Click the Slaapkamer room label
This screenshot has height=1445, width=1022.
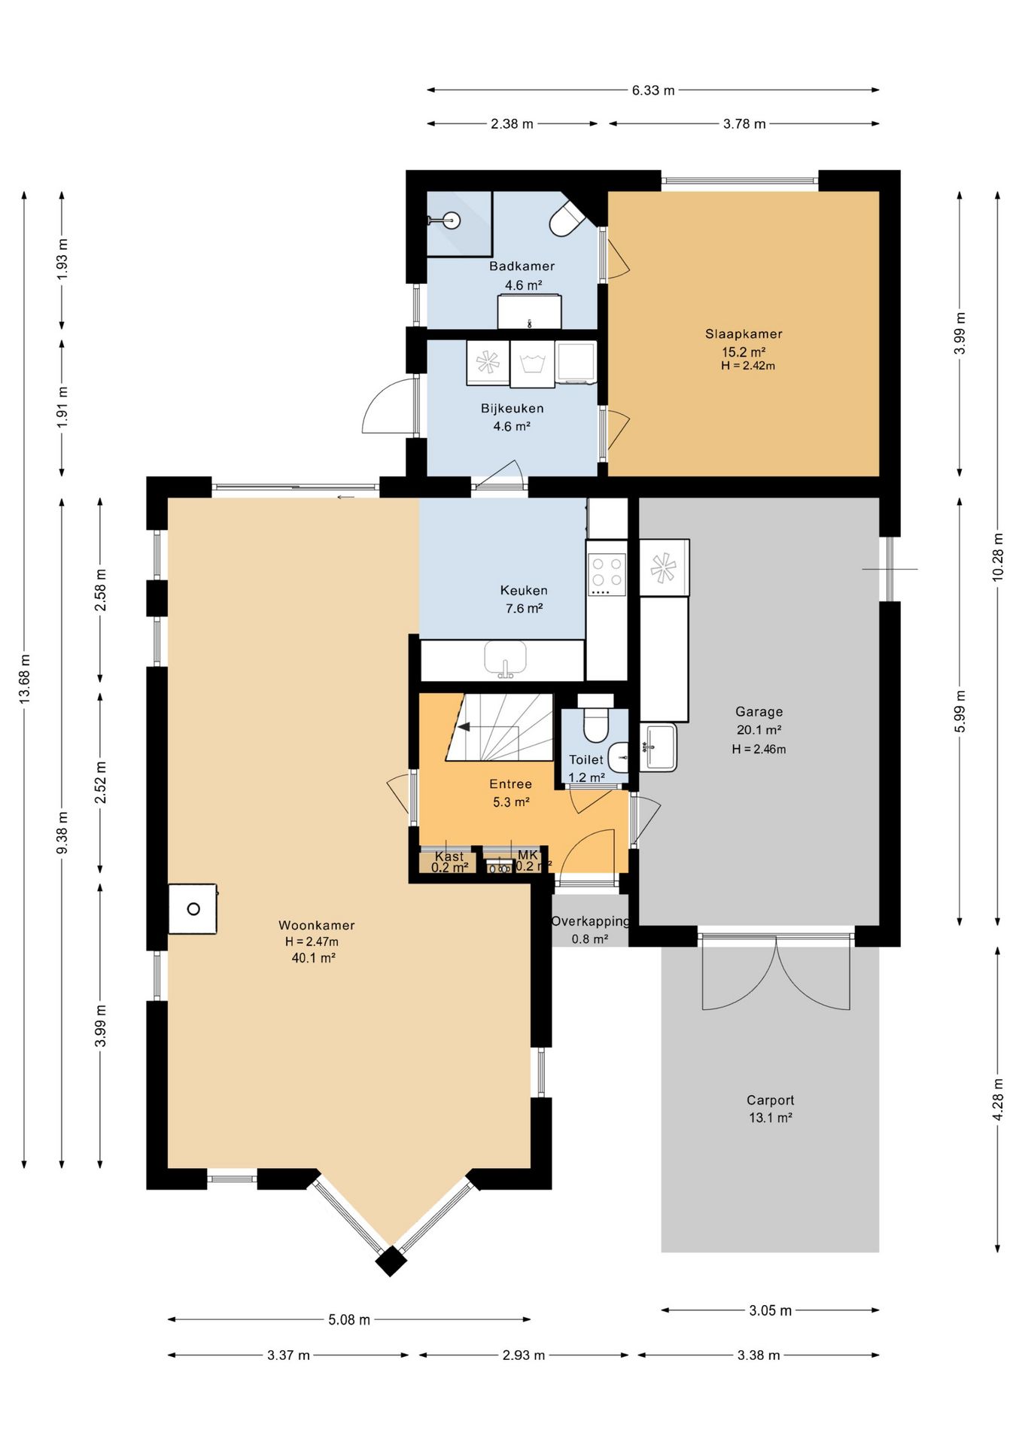tap(744, 333)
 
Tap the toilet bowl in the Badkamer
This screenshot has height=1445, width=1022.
tap(568, 219)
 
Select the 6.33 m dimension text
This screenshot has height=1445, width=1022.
tap(653, 90)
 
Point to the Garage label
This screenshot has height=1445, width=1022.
tap(759, 711)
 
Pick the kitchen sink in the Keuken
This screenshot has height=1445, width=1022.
tap(506, 660)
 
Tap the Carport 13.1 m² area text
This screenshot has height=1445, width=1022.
tap(770, 1118)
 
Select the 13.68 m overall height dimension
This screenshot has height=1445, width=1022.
tap(25, 679)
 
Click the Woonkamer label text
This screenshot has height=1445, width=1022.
tap(316, 925)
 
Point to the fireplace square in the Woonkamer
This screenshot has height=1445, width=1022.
tap(193, 908)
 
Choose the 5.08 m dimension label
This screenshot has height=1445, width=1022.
tap(349, 1319)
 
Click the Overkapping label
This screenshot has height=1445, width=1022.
tap(590, 921)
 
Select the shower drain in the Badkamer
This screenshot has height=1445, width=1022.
tap(452, 220)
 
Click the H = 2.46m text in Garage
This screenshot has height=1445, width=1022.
tap(759, 749)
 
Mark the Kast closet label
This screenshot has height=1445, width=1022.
tap(449, 856)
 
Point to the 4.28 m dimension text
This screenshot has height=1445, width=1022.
tap(998, 1100)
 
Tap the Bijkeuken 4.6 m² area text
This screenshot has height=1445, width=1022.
tap(512, 426)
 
